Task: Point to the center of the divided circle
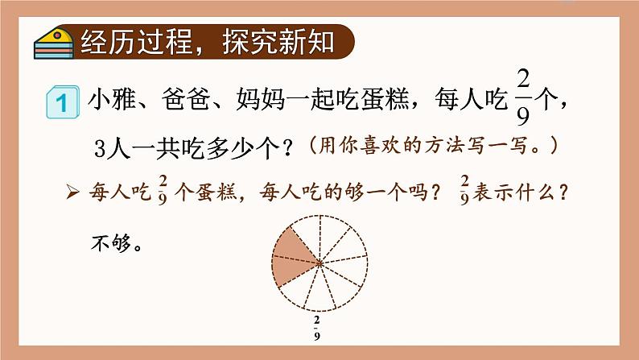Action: (320, 263)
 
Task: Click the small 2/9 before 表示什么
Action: (465, 191)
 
